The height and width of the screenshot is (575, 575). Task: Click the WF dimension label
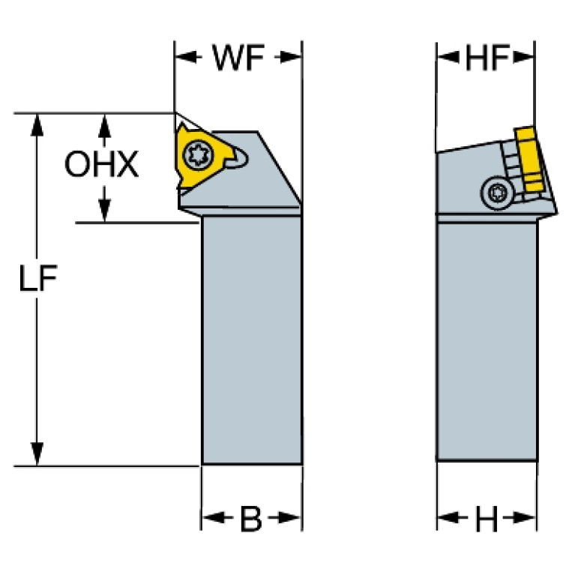(238, 59)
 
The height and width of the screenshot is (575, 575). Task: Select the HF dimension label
(487, 59)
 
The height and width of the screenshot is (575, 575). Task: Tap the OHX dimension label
(102, 165)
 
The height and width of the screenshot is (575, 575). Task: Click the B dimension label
(250, 519)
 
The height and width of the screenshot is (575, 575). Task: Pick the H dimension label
(487, 518)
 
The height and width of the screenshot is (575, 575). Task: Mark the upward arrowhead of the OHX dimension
(104, 124)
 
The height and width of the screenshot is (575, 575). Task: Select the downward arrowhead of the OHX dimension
(104, 212)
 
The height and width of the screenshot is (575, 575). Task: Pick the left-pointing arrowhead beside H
(447, 518)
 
